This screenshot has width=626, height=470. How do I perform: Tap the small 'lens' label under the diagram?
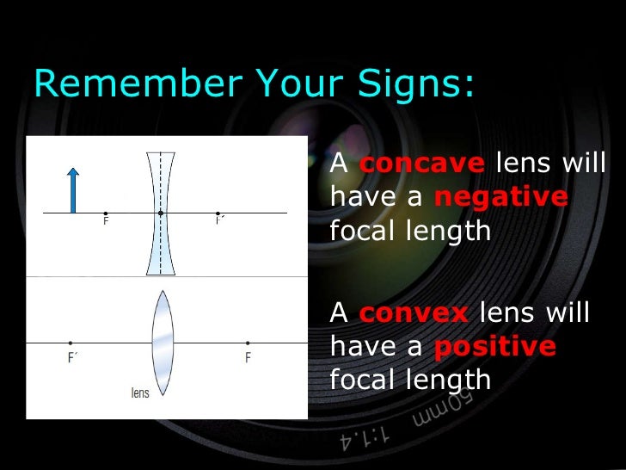(x=139, y=393)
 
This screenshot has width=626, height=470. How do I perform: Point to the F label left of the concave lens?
(x=106, y=221)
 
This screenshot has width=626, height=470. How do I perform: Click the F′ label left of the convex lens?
(x=73, y=357)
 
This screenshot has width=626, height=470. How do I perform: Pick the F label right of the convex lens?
(x=248, y=357)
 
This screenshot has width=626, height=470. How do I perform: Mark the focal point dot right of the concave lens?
(x=218, y=213)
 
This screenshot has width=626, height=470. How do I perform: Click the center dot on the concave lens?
(x=160, y=213)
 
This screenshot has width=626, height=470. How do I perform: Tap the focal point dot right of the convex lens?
(x=248, y=343)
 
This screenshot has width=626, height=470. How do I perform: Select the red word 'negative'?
(x=500, y=197)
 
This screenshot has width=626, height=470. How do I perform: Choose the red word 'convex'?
(x=413, y=312)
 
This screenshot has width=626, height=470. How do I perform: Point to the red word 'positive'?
(x=494, y=346)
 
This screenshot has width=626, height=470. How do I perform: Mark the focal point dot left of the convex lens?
(x=71, y=343)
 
